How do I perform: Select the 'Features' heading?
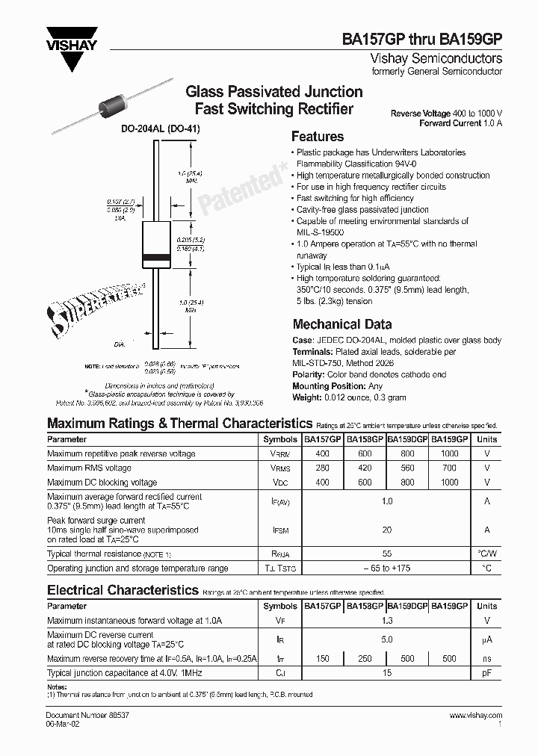pyautogui.click(x=317, y=137)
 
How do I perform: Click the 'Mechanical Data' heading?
pyautogui.click(x=341, y=324)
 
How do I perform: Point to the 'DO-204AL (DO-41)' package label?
pyautogui.click(x=161, y=128)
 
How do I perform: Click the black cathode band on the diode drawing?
pyautogui.click(x=158, y=259)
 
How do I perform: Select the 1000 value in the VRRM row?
pyautogui.click(x=449, y=453)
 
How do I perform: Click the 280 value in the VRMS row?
pyautogui.click(x=322, y=468)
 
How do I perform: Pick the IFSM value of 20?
pyautogui.click(x=386, y=530)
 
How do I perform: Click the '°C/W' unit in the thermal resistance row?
pyautogui.click(x=486, y=554)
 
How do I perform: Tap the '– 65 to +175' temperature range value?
pyautogui.click(x=386, y=568)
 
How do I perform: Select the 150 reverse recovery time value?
pyautogui.click(x=322, y=659)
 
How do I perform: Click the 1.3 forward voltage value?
pyautogui.click(x=386, y=621)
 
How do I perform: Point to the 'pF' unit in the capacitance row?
pyautogui.click(x=486, y=674)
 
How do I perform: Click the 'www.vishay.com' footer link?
pyautogui.click(x=476, y=716)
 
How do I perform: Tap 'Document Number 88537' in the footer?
pyautogui.click(x=83, y=716)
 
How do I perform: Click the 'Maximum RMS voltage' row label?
pyautogui.click(x=89, y=468)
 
